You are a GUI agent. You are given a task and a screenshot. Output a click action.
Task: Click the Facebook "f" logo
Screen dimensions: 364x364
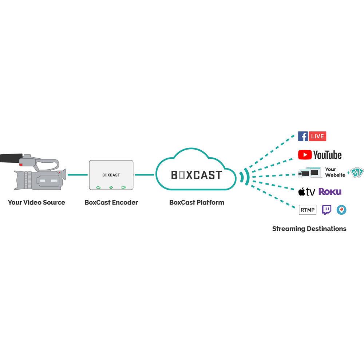303,136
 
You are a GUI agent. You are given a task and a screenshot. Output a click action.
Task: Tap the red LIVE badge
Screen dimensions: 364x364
317,136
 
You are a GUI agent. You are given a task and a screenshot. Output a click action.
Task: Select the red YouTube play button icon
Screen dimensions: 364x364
305,155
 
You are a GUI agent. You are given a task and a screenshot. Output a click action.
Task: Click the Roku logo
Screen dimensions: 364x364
330,191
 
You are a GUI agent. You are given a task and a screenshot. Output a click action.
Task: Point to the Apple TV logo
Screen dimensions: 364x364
306,192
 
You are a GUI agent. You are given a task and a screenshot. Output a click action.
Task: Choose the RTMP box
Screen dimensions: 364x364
308,210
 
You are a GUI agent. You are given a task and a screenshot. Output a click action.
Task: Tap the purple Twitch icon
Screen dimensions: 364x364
327,210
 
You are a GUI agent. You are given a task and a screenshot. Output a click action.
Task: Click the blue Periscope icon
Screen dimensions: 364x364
341,210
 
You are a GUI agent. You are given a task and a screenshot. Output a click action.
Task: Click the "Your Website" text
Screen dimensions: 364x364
335,172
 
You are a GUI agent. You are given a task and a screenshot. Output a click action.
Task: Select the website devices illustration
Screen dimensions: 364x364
309,173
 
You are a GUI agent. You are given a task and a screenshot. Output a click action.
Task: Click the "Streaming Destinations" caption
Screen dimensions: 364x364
309,229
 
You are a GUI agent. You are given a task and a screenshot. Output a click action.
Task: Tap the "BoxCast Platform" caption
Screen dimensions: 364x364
197,202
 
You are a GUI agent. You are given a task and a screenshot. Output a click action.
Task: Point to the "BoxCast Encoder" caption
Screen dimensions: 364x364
111,202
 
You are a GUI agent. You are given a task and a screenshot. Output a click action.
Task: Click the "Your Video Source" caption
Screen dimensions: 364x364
36,202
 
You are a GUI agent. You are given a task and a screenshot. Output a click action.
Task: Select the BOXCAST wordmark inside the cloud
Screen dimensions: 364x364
197,175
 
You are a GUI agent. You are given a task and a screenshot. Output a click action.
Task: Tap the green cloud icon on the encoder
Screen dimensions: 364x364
98,187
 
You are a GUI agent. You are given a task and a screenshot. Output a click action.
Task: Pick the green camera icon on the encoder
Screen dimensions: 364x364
123,187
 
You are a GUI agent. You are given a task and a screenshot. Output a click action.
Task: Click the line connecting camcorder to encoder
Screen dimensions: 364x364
78,175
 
